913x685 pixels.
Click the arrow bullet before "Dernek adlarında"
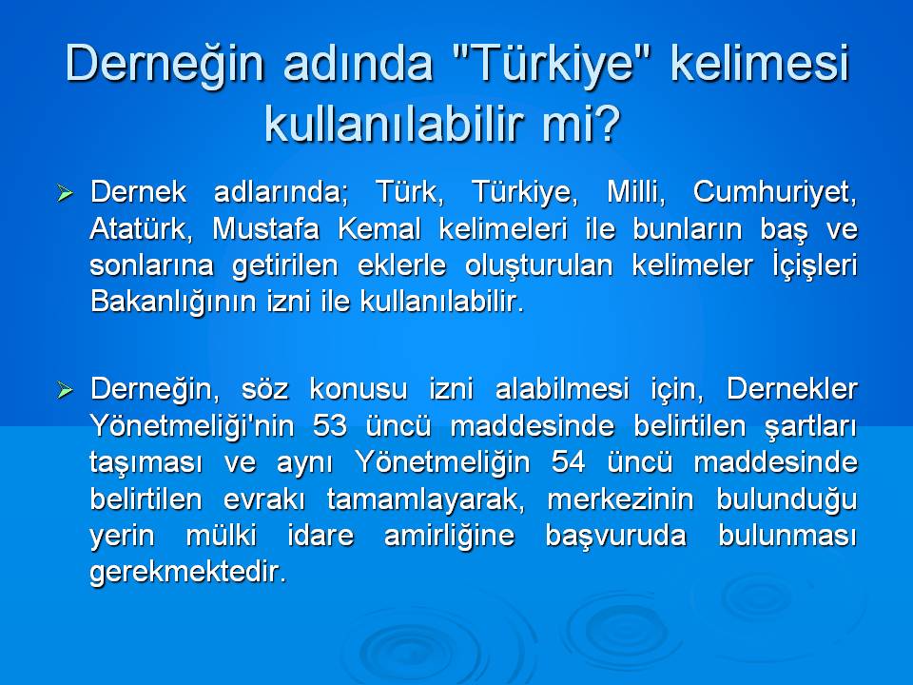tap(66, 194)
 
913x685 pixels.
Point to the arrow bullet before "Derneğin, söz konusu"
tap(66, 390)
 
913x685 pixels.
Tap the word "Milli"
tap(636, 192)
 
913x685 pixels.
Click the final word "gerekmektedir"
tap(186, 573)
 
